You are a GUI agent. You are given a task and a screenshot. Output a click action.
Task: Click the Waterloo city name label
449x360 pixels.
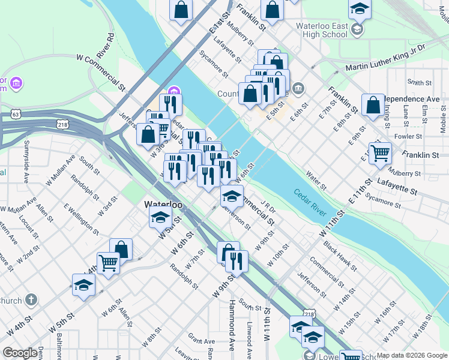click(x=163, y=205)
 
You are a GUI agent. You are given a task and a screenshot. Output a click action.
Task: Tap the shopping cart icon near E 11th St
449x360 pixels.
click(x=380, y=153)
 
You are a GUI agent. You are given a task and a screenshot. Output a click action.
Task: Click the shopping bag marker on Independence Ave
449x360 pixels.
click(x=373, y=105)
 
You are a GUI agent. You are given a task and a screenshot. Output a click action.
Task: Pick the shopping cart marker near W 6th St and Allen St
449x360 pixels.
click(x=108, y=263)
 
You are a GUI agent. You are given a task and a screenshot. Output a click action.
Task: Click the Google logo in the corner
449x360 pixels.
click(x=20, y=353)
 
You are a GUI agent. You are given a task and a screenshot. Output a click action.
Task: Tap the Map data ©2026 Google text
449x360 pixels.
click(x=412, y=355)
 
